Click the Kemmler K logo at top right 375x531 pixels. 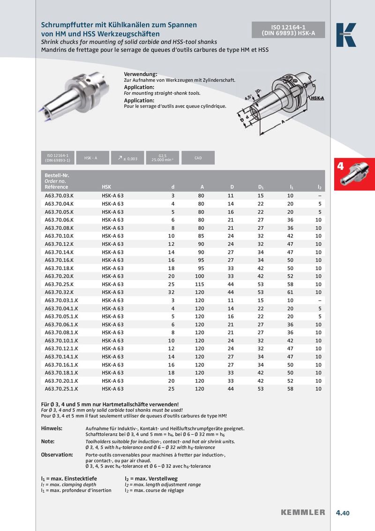click(x=346, y=35)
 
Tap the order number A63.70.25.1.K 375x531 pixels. click(x=61, y=389)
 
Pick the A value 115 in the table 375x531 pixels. click(x=199, y=284)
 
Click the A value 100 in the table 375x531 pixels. click(x=199, y=276)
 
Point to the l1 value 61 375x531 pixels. click(x=290, y=292)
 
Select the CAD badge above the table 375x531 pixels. click(x=198, y=158)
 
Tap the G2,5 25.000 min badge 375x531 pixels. click(x=163, y=158)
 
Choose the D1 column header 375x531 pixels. click(x=261, y=187)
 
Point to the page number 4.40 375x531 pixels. click(x=343, y=513)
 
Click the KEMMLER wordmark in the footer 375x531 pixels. click(x=303, y=513)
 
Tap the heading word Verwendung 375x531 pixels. click(x=140, y=75)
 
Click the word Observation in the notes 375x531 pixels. click(x=57, y=455)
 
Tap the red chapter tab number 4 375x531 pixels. click(x=341, y=166)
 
